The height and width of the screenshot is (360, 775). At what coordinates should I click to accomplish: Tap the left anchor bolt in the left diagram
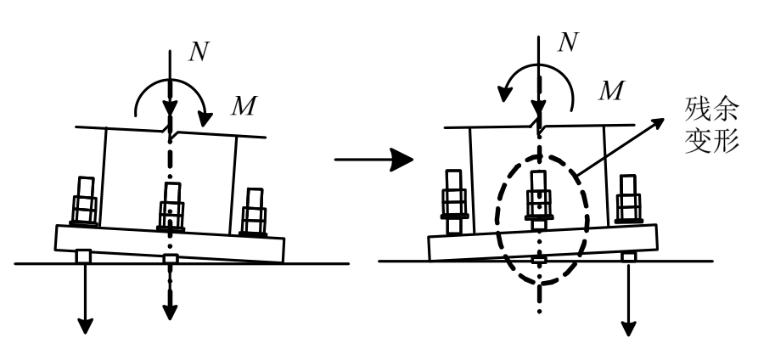point(85,203)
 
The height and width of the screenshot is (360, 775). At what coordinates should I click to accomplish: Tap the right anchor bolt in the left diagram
point(254,210)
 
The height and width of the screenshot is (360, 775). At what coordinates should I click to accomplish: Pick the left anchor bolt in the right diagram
point(452,199)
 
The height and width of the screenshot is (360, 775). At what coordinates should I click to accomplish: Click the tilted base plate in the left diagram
point(170,243)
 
